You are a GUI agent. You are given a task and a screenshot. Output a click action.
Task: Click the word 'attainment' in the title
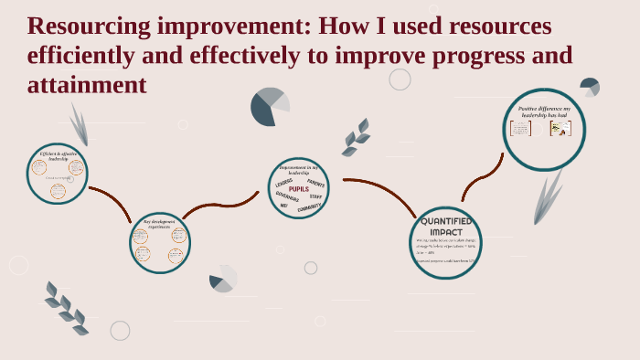point(87,85)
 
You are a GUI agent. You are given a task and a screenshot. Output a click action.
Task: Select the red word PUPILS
point(299,189)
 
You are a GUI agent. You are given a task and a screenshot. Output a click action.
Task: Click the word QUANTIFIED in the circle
point(445,221)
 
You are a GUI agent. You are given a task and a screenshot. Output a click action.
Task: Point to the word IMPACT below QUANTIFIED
point(445,232)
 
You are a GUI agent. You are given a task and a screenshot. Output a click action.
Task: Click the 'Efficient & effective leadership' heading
point(58,156)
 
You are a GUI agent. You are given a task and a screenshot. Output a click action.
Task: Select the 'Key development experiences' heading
point(159,224)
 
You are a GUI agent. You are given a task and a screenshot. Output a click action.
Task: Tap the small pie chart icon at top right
point(590,87)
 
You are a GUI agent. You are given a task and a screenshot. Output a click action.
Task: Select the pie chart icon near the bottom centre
point(222,279)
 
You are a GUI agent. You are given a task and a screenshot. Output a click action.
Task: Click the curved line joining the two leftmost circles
point(112,202)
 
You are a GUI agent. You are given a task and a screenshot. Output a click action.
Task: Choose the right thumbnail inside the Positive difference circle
point(560,129)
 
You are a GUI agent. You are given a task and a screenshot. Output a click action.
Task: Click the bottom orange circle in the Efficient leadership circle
point(58,190)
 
